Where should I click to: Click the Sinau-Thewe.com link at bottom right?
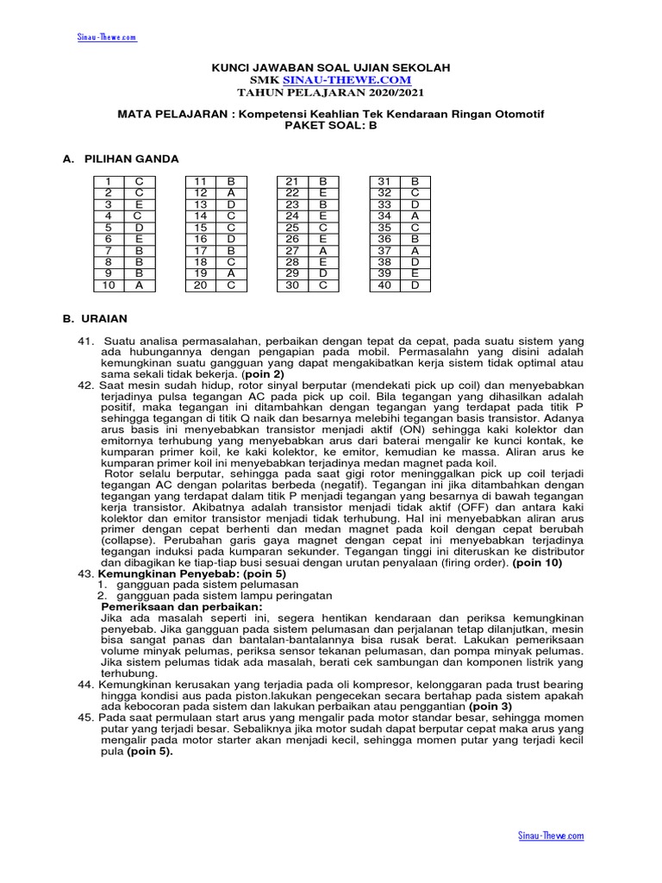(x=551, y=836)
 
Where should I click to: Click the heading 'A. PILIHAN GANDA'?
(x=120, y=159)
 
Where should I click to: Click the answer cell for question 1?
(x=139, y=181)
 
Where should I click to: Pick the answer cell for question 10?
(x=139, y=285)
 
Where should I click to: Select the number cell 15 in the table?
(x=201, y=227)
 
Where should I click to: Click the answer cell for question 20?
(x=231, y=285)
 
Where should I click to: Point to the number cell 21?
(x=292, y=181)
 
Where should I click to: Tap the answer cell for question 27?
(x=323, y=250)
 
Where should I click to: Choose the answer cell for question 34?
(x=415, y=216)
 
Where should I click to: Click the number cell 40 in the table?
(x=384, y=285)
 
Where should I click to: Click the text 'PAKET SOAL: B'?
(x=331, y=125)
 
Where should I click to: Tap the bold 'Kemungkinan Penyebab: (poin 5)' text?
(x=192, y=573)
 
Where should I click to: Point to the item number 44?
(x=85, y=685)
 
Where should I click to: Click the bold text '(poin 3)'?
(x=495, y=706)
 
